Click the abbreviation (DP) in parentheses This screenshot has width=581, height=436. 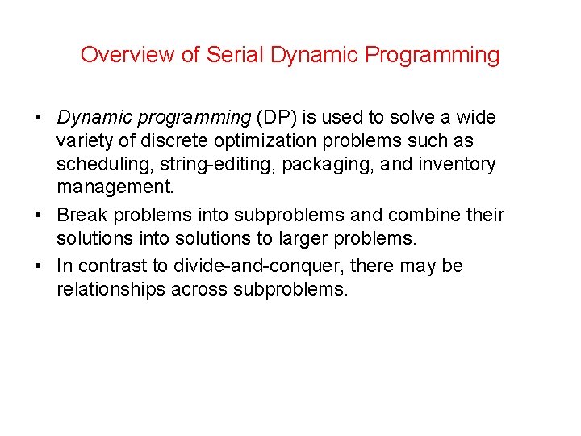click(x=275, y=117)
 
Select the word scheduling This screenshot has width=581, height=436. click(x=104, y=164)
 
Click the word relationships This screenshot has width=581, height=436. click(x=111, y=289)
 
